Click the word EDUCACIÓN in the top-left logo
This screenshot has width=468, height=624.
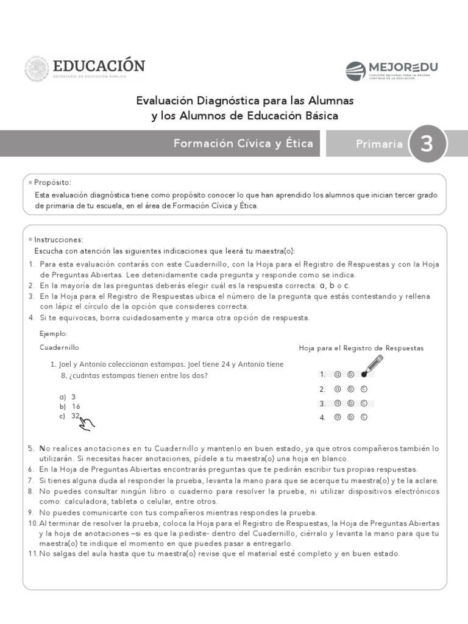[x=99, y=66]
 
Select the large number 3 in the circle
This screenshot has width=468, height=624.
[x=427, y=144]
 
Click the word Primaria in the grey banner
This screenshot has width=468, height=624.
[x=379, y=144]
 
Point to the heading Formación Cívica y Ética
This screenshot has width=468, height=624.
[x=243, y=144]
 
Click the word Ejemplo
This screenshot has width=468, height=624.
[x=54, y=334]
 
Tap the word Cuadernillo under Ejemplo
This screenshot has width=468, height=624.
[x=60, y=347]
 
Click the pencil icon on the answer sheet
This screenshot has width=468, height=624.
[x=372, y=365]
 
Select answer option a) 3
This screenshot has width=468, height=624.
[x=68, y=396]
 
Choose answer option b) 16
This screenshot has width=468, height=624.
[x=69, y=406]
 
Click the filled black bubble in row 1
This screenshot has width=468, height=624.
[x=364, y=374]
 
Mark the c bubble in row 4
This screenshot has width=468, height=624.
[x=364, y=417]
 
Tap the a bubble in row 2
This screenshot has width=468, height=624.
[x=337, y=389]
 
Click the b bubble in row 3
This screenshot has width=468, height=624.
[x=350, y=403]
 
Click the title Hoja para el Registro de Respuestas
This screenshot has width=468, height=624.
[x=361, y=348]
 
